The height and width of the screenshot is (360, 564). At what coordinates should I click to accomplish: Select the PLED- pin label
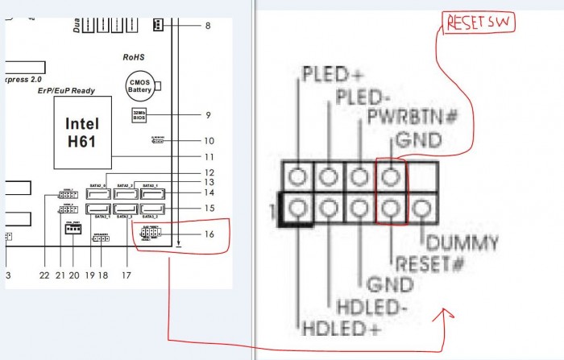pos(363,98)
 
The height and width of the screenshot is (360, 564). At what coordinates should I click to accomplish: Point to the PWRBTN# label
pos(412,118)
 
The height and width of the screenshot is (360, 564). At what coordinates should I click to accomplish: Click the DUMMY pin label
pos(462,242)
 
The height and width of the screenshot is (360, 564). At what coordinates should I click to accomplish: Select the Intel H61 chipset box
pos(82,132)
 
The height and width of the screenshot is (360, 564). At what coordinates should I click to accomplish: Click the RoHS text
pos(133,58)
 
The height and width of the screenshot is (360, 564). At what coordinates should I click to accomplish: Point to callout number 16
pos(209,235)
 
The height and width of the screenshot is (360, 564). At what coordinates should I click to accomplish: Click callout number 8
pos(208,26)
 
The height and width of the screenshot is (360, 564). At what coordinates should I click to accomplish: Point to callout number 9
pos(208,115)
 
